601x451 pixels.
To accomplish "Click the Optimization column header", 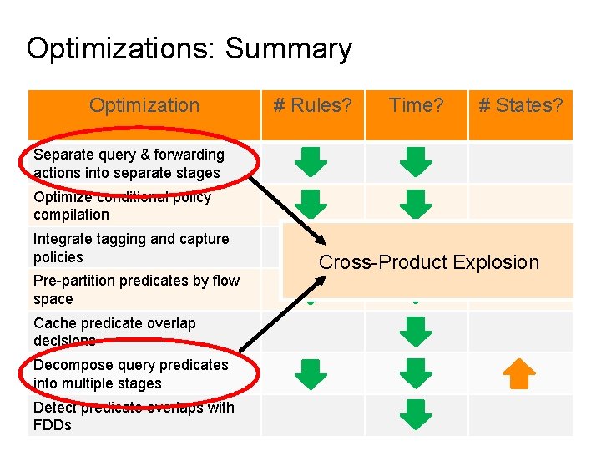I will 144,106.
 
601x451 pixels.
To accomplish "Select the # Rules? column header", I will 313,106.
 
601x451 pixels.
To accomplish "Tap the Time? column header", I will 415,106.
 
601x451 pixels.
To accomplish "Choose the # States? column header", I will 520,106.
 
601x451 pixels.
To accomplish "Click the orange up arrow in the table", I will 520,374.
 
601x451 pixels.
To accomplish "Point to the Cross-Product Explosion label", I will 428,262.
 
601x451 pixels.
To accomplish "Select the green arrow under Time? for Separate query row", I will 416,162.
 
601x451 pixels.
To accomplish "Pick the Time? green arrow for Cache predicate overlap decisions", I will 416,331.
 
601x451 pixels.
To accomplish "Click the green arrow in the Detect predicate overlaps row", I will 416,415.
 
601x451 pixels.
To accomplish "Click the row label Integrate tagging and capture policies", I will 131,248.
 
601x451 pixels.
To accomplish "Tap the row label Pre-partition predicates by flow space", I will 136,290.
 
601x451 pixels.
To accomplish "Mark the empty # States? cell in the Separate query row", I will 520,162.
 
